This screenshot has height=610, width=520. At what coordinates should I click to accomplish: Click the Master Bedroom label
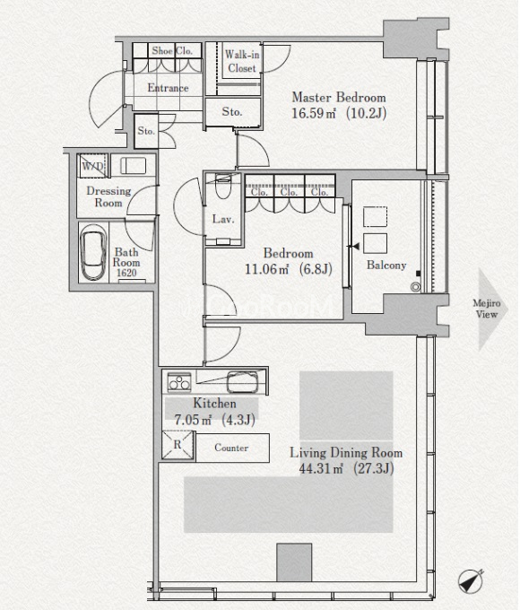(339, 97)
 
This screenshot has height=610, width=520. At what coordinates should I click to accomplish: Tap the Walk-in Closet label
(242, 61)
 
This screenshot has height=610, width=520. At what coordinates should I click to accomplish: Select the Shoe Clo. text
(172, 50)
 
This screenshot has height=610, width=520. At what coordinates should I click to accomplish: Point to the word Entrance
(168, 88)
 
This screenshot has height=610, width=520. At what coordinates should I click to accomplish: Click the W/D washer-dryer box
(93, 166)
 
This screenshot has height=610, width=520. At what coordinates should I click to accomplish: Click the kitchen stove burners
(179, 381)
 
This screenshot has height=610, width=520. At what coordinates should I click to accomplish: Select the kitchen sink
(243, 382)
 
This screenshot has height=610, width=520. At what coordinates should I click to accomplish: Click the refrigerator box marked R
(178, 445)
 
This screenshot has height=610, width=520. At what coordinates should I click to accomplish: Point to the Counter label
(231, 448)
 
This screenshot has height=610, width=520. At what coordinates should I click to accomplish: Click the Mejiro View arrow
(493, 309)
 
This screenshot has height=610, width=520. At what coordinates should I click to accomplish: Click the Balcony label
(386, 266)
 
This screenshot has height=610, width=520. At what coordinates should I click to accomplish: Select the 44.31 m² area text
(321, 468)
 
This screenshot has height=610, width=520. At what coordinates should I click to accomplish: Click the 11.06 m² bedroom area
(267, 269)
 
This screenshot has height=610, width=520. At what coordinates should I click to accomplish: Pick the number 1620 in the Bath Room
(126, 273)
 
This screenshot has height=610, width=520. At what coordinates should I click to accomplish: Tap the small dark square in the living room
(294, 562)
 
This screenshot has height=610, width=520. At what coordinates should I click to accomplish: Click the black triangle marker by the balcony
(355, 247)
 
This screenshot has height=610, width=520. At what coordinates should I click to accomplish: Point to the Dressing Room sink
(133, 166)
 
